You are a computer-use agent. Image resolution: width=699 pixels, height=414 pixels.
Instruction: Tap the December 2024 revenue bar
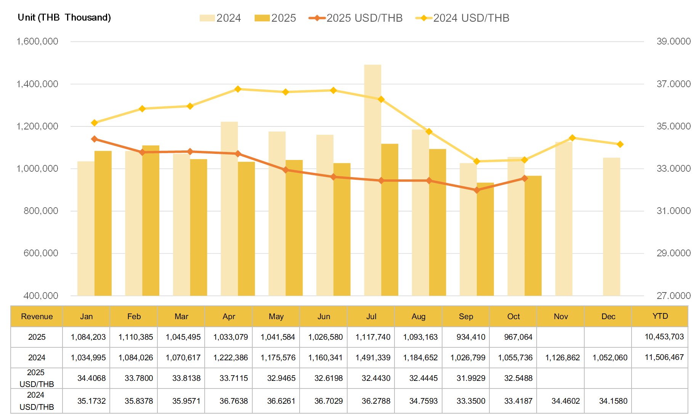(x=611, y=226)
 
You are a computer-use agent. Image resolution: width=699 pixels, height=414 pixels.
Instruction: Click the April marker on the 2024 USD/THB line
(x=238, y=89)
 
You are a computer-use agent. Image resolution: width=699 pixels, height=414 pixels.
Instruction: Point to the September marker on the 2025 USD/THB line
(x=477, y=190)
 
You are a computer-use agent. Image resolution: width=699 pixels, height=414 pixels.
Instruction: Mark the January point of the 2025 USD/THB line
(x=95, y=139)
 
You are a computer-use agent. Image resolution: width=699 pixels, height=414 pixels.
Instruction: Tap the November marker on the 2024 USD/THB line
(x=572, y=138)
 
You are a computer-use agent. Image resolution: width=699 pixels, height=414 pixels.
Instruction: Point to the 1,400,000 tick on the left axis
(x=37, y=84)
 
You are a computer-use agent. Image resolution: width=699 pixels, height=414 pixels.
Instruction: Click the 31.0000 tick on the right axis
(x=673, y=211)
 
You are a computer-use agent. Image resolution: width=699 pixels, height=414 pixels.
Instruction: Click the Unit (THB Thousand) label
(x=64, y=18)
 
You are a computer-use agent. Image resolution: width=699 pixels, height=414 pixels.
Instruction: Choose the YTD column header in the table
(x=660, y=316)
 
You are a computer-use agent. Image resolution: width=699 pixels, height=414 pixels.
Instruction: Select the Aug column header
(x=418, y=316)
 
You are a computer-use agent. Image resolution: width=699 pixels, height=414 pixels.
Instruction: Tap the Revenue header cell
(x=37, y=316)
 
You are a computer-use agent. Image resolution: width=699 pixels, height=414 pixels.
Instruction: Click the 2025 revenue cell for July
(x=373, y=337)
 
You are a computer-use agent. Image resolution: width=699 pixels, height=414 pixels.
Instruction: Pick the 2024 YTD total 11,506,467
(x=664, y=357)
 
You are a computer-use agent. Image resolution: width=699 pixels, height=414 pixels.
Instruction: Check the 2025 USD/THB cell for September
(x=471, y=378)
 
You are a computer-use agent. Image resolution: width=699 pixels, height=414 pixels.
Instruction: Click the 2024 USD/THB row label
(x=37, y=401)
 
